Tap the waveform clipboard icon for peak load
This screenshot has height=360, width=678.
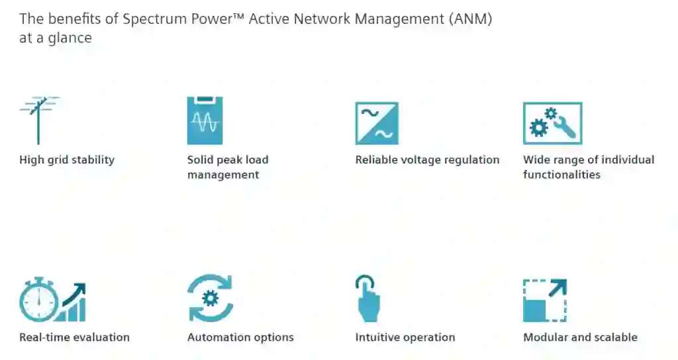coord(205,120)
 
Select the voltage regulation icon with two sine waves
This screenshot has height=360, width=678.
coord(377,123)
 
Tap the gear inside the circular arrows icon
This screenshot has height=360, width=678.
coord(211,299)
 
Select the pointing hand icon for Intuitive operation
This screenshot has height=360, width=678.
coord(367,299)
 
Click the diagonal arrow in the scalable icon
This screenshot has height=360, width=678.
coord(557,289)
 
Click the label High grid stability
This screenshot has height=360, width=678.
coord(67,159)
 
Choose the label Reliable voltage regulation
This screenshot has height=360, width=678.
coord(427,159)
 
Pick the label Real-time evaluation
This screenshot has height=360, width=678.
coord(74,337)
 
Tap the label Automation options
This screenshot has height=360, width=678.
coord(240,337)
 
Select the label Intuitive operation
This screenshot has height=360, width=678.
coord(405,337)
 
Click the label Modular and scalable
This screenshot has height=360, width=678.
coord(580,337)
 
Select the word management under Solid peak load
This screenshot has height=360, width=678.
coord(223,175)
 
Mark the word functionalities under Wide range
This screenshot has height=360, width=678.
coord(561,175)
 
